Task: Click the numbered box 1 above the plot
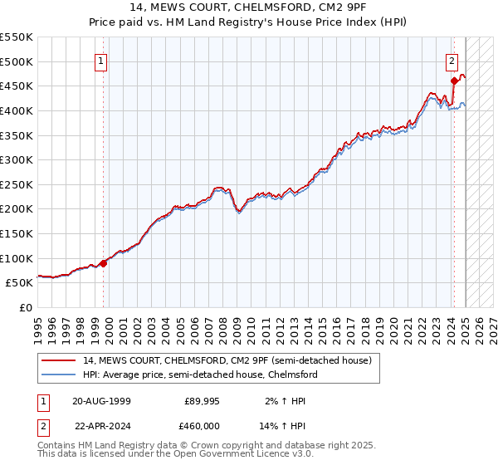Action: [x=100, y=61]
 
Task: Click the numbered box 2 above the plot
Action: [x=452, y=61]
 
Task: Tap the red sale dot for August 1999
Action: [x=104, y=263]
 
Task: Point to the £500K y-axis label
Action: [x=16, y=61]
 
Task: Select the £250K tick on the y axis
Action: [x=16, y=184]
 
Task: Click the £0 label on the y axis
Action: [x=26, y=307]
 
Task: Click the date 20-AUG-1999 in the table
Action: [x=101, y=401]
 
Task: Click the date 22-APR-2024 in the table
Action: [x=101, y=425]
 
